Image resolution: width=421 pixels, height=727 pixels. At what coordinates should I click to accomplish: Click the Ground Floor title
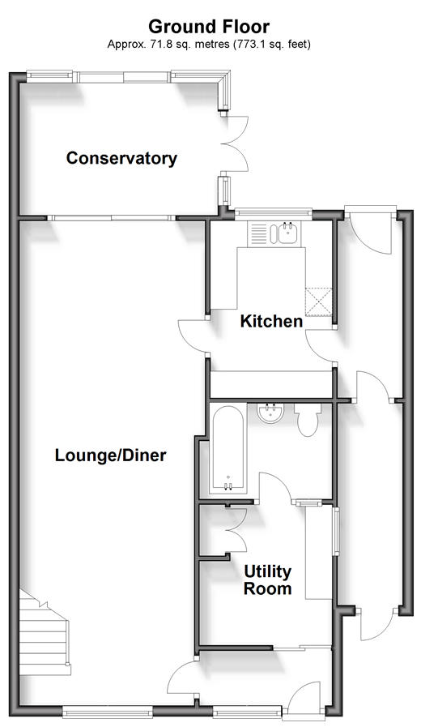[x=209, y=27]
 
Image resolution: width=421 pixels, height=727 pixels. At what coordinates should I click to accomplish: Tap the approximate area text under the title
[x=209, y=45]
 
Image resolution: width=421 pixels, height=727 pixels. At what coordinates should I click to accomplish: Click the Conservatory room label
[x=121, y=158]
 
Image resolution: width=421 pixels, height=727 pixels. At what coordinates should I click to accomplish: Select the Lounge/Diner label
[x=110, y=455]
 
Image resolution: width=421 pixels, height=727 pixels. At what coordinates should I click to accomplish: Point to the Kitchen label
[x=271, y=321]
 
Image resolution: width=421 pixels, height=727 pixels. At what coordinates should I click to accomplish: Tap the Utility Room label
[x=268, y=579]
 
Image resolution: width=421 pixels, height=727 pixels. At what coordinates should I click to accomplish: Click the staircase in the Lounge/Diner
[x=45, y=631]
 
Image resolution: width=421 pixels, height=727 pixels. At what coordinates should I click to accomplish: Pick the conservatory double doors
[x=237, y=143]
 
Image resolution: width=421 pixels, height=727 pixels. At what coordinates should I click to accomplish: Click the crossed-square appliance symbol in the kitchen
[x=319, y=301]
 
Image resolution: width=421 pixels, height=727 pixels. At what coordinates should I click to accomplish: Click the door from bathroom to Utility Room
[x=275, y=487]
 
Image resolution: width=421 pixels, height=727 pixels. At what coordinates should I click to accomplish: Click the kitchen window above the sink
[x=273, y=212]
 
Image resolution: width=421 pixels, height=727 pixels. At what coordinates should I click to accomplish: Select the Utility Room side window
[x=336, y=530]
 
